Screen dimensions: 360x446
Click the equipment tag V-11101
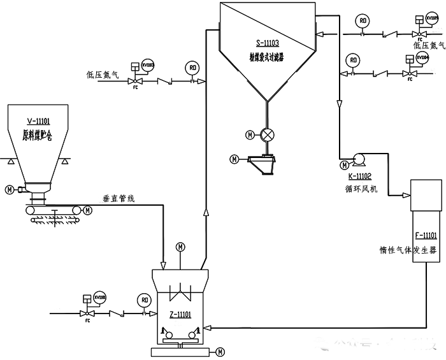point(39,121)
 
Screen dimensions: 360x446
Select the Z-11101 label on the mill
point(180,314)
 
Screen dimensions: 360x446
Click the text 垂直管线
point(119,199)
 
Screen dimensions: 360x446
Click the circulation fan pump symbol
point(357,158)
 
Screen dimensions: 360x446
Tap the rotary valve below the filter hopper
point(268,134)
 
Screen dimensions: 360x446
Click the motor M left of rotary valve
point(249,134)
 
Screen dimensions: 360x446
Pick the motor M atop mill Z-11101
point(180,247)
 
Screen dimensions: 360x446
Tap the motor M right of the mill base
point(220,351)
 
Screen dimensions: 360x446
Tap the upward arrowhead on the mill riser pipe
point(205,213)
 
